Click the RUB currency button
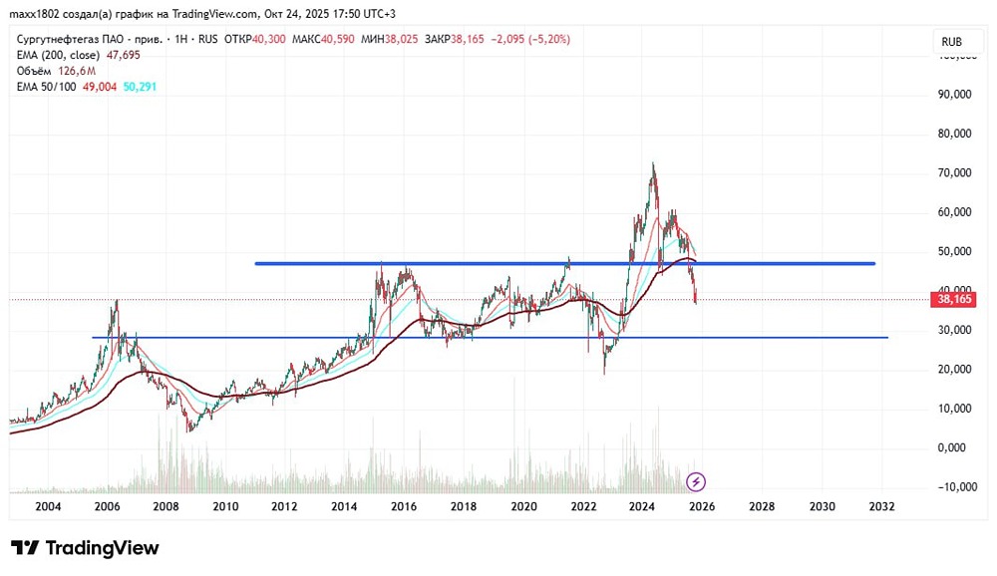click(x=951, y=42)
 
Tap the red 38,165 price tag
click(x=954, y=299)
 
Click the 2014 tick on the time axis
click(x=344, y=506)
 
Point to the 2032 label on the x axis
click(x=881, y=506)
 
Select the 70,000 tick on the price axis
click(x=954, y=173)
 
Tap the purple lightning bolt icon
click(x=696, y=482)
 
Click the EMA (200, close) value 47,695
click(x=123, y=56)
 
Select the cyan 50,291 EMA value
click(x=140, y=87)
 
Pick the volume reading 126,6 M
click(x=77, y=71)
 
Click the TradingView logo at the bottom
click(x=85, y=548)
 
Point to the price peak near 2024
click(x=653, y=164)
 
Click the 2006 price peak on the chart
click(x=116, y=301)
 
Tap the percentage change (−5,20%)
click(x=548, y=40)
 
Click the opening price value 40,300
click(x=268, y=40)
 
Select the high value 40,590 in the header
click(x=337, y=40)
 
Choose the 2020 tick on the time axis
click(x=523, y=506)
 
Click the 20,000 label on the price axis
click(x=954, y=370)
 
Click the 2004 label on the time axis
click(x=48, y=506)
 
